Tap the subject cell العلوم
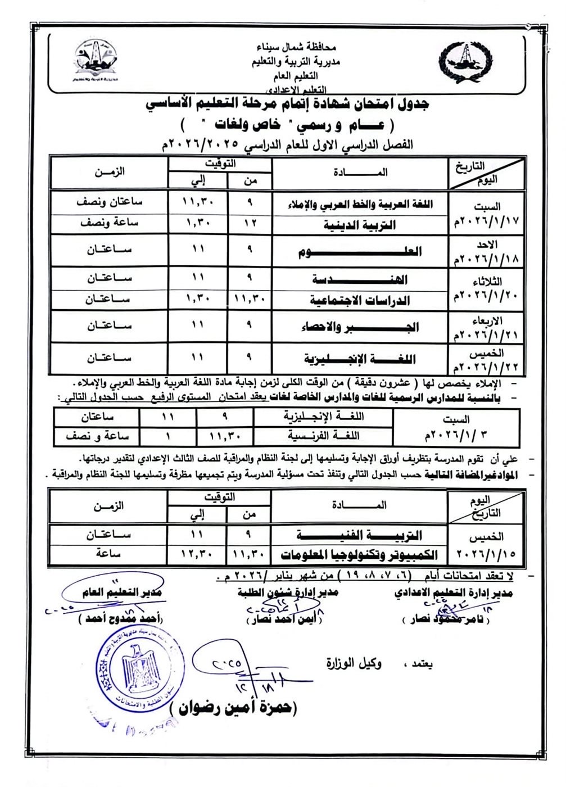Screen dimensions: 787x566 (x=360, y=251)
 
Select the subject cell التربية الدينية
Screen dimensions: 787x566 (x=360, y=225)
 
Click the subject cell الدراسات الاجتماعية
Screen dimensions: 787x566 (x=360, y=300)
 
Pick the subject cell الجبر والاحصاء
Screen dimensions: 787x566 (x=360, y=327)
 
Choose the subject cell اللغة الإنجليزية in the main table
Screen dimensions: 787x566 (x=360, y=358)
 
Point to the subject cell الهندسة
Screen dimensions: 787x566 (x=360, y=279)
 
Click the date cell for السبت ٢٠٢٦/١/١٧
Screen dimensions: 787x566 (x=486, y=214)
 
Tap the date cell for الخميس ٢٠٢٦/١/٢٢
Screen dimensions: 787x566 (x=486, y=360)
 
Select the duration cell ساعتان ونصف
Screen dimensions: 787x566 (x=109, y=202)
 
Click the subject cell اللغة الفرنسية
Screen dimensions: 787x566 (x=323, y=435)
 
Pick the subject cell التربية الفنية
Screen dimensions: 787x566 (x=360, y=535)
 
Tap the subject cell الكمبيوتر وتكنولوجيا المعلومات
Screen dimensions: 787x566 (x=360, y=554)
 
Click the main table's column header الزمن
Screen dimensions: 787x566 (x=109, y=172)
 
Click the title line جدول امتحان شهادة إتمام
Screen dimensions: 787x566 (x=287, y=105)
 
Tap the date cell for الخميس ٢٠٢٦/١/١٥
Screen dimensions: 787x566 (x=486, y=545)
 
